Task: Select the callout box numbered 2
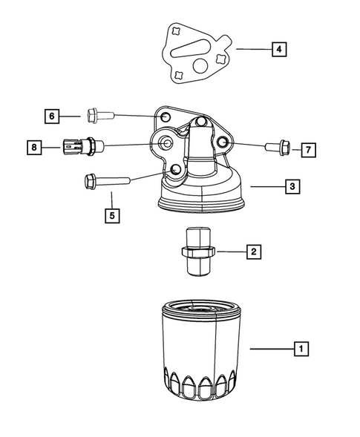pyautogui.click(x=253, y=252)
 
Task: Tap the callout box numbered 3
pyautogui.click(x=293, y=187)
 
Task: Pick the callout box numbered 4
pyautogui.click(x=278, y=50)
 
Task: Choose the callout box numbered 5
pyautogui.click(x=111, y=216)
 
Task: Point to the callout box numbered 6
pyautogui.click(x=52, y=116)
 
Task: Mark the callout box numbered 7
pyautogui.click(x=307, y=149)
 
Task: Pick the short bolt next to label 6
pyautogui.click(x=99, y=116)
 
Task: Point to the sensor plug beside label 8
pyautogui.click(x=78, y=146)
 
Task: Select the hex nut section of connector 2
pyautogui.click(x=198, y=257)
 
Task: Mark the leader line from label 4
pyautogui.click(x=252, y=50)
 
